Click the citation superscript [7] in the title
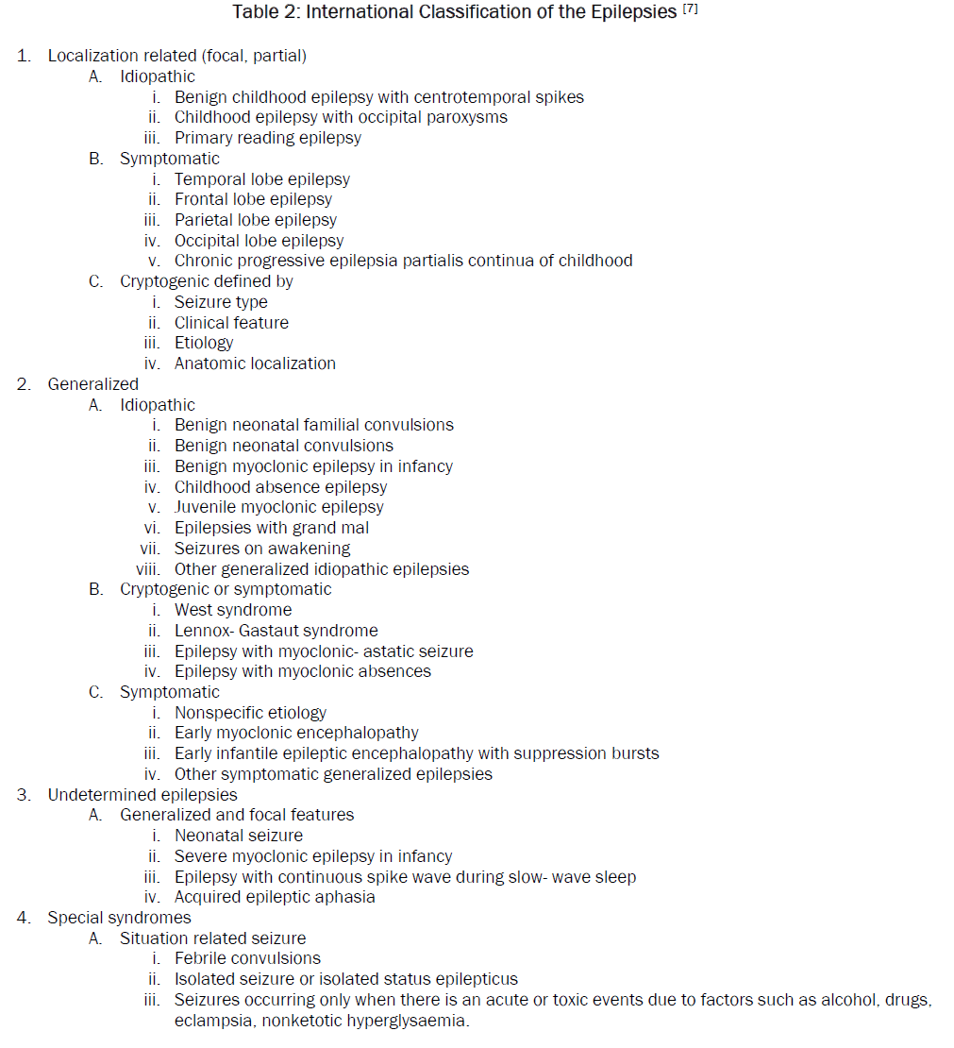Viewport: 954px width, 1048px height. click(690, 10)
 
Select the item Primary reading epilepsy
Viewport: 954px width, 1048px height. click(267, 138)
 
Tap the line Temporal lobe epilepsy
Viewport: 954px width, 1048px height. click(261, 179)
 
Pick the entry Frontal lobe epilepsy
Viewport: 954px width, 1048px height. click(253, 199)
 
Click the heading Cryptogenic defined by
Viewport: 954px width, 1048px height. click(206, 281)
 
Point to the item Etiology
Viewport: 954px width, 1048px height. click(203, 343)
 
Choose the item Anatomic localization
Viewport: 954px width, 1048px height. click(255, 363)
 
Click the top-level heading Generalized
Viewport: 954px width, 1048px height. click(92, 384)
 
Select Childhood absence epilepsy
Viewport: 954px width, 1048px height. click(280, 487)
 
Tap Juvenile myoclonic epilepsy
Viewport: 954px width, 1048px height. click(278, 507)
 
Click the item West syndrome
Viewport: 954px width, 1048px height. click(233, 610)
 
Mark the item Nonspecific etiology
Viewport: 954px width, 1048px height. click(250, 713)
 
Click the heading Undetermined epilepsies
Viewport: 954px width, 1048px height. click(142, 795)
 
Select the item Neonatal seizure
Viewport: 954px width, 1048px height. click(239, 836)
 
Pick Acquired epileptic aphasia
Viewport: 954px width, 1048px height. click(275, 897)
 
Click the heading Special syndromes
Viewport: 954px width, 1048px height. click(119, 918)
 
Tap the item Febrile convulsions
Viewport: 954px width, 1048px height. click(247, 958)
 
